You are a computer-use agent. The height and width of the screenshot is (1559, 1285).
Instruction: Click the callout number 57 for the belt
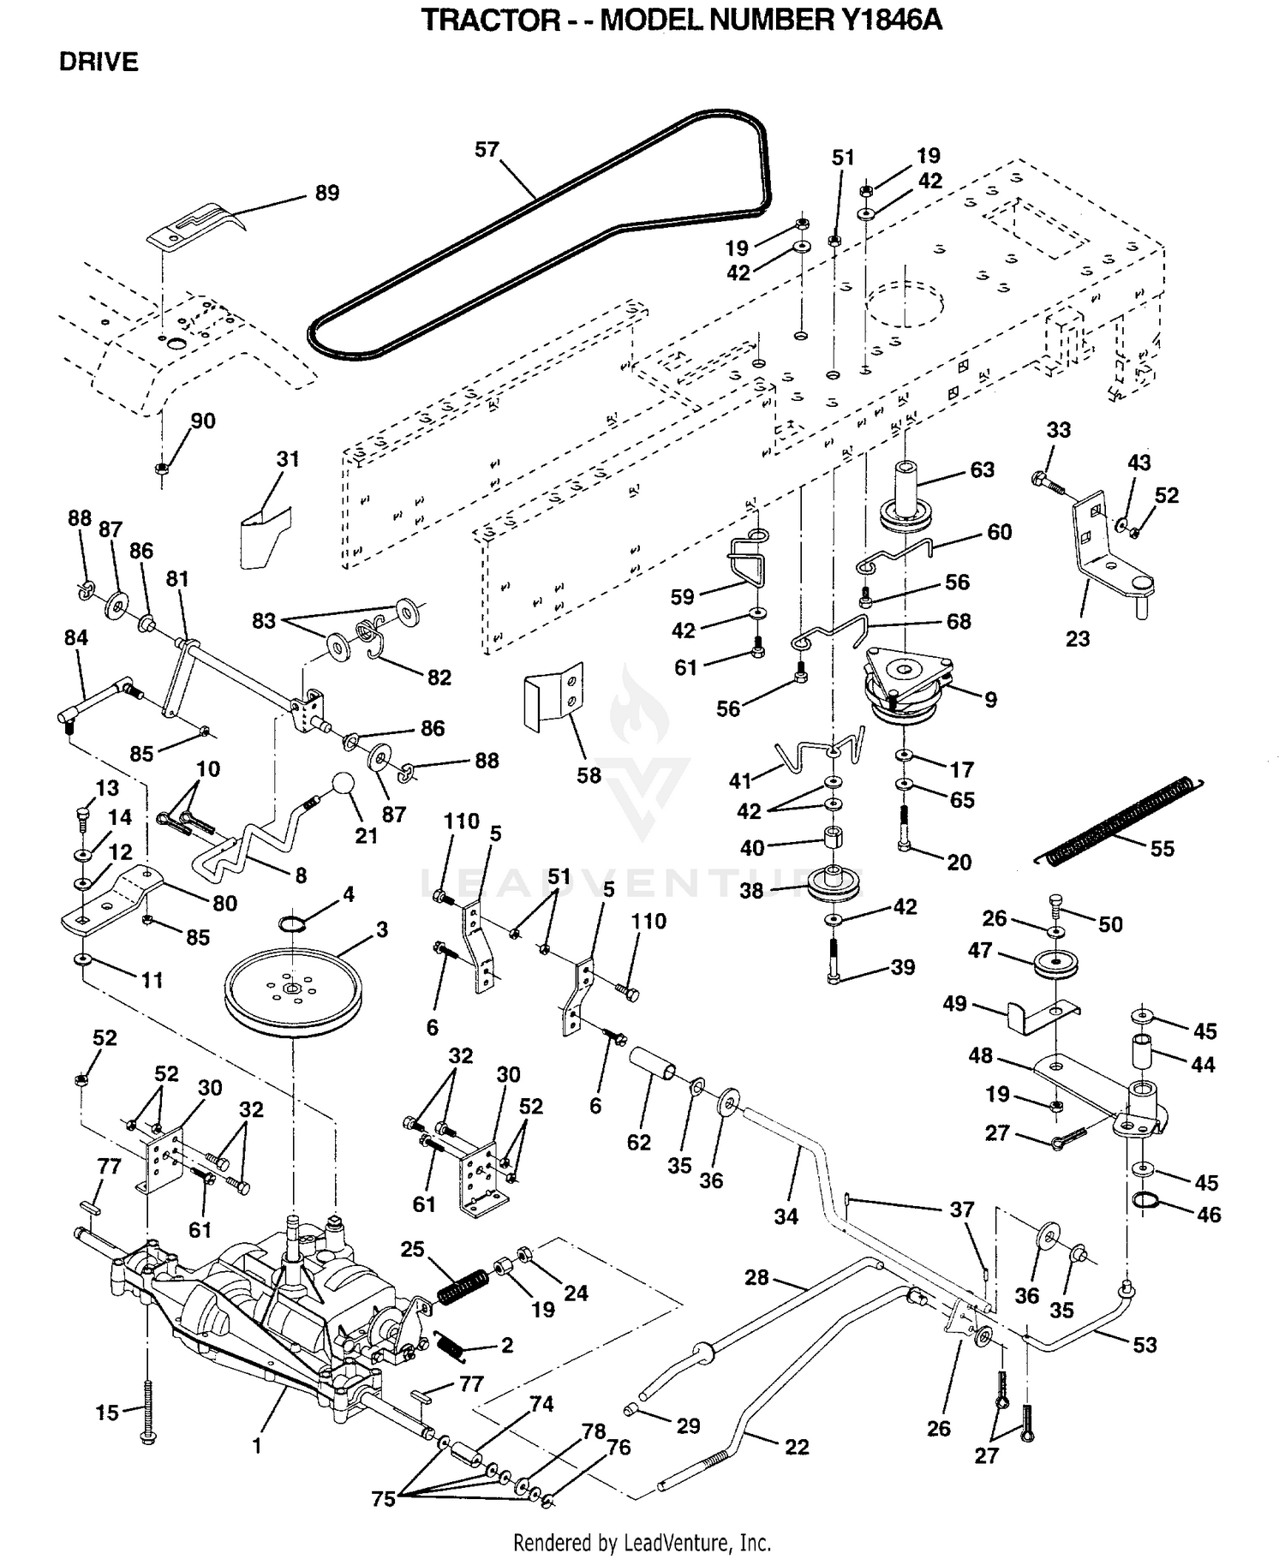point(487,150)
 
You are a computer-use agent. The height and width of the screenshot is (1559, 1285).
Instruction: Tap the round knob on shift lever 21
point(343,785)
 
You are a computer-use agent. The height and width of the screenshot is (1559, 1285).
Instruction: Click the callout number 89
point(327,193)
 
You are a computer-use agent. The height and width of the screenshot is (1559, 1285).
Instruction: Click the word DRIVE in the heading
point(99,62)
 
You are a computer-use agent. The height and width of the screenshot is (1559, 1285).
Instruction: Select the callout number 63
point(982,469)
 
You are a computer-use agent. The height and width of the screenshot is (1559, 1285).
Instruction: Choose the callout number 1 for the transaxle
point(256,1447)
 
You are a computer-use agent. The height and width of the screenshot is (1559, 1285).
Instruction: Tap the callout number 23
point(1078,638)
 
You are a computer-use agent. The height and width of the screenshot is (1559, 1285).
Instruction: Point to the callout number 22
point(797,1447)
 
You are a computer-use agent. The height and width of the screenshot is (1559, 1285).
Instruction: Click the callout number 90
point(203,421)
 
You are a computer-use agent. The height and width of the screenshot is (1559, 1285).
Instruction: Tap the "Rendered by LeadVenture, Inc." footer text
point(642,1543)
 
